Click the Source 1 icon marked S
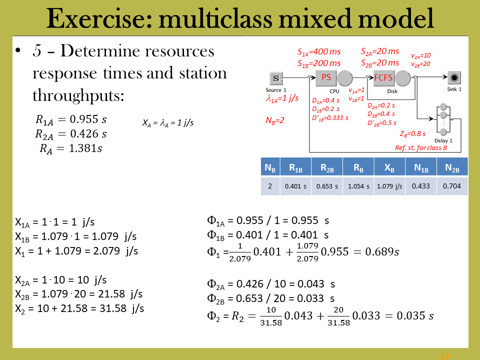[x=276, y=78]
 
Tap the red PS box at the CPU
[x=326, y=78]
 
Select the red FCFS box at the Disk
[x=383, y=78]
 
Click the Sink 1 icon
[x=454, y=78]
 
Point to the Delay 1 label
[x=443, y=141]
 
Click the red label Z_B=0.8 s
[x=412, y=134]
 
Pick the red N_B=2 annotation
[x=275, y=120]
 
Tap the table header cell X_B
[x=389, y=167]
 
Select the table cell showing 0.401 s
[x=295, y=186]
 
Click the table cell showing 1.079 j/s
[x=389, y=186]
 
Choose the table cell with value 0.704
[x=452, y=186]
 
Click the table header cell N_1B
[x=421, y=167]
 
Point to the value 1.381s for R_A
[x=85, y=148]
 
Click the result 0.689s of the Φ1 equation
[x=382, y=251]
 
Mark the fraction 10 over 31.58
[x=271, y=316]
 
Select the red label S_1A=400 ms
[x=319, y=52]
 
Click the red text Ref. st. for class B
[x=421, y=148]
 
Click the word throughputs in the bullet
[x=78, y=95]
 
